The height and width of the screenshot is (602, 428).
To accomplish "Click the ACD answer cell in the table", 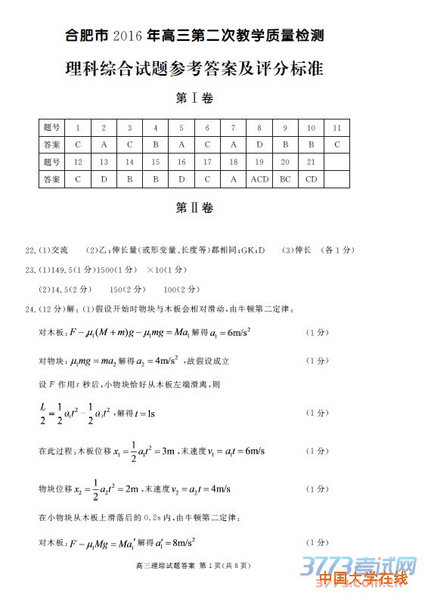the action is click(259, 180).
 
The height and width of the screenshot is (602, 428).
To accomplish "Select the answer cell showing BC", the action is click(285, 180).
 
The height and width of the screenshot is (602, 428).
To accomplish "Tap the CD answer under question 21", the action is click(311, 180).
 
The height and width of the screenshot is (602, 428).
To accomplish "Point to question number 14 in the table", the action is click(129, 162).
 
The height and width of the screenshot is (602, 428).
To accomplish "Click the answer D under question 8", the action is click(259, 144).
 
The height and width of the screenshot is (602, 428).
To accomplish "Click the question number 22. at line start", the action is click(31, 250).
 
